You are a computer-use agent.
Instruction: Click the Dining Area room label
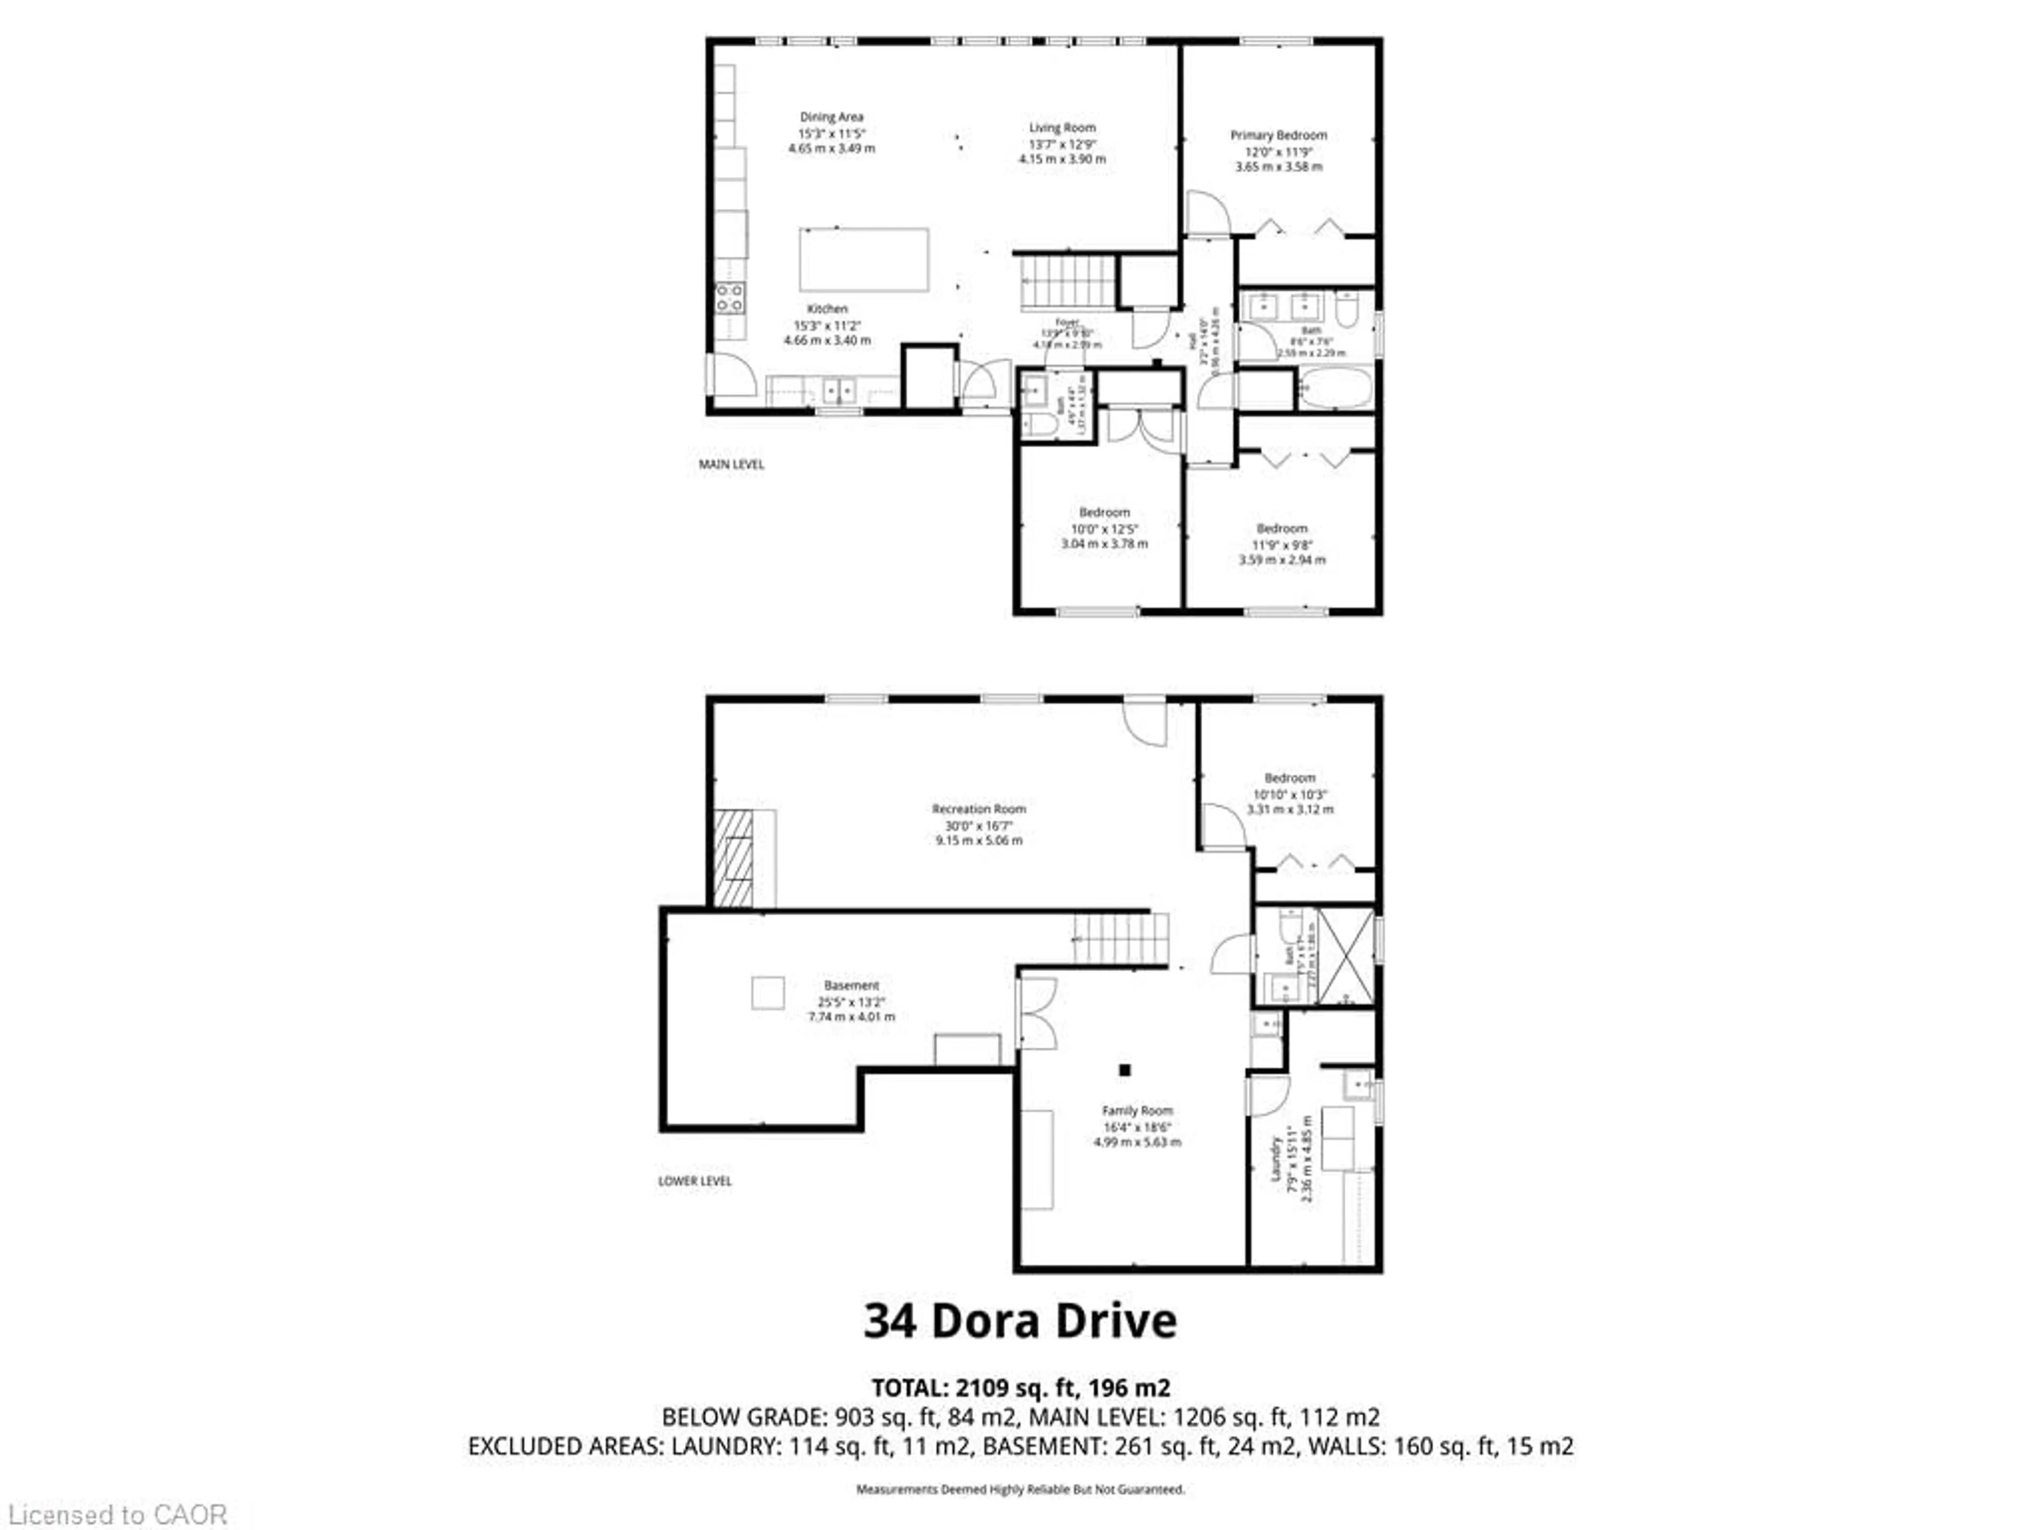click(831, 117)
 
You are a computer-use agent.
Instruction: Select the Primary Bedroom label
click(1278, 135)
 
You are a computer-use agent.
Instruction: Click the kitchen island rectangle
click(863, 260)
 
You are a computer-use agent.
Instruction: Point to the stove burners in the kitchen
click(729, 298)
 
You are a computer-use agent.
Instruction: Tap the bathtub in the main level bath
click(1334, 388)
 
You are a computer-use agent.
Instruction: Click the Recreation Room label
click(979, 809)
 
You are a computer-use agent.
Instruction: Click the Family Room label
click(1136, 1111)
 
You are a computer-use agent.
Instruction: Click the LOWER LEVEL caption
click(694, 1181)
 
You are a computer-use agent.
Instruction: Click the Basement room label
click(851, 986)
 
